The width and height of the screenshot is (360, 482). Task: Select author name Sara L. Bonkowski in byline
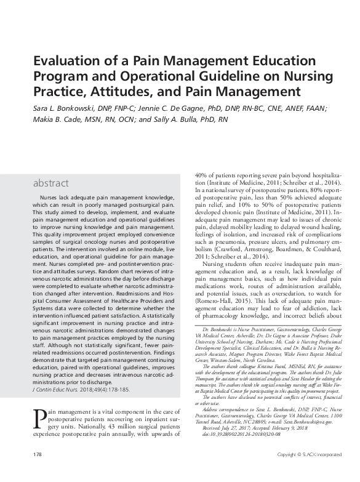[61, 108]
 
